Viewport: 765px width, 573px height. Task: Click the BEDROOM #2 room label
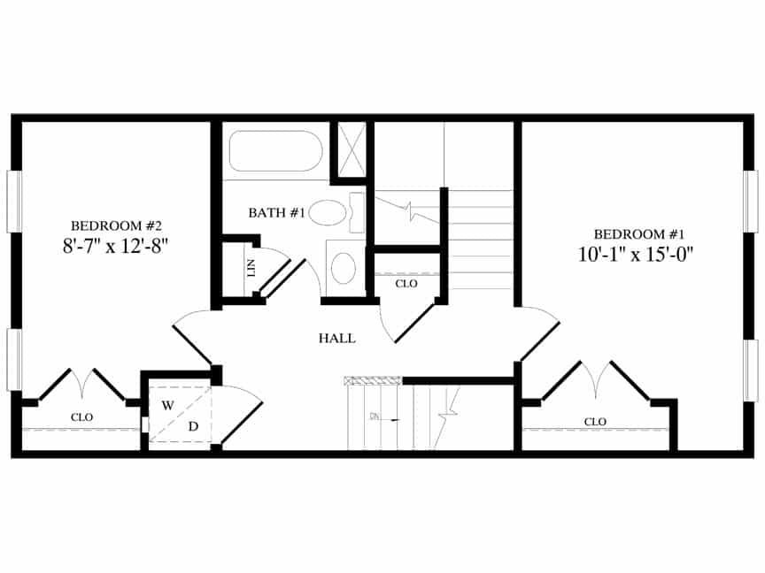click(x=115, y=225)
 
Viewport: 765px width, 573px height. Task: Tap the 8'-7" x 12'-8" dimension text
click(x=115, y=245)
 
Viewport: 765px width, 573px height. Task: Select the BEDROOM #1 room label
click(x=640, y=234)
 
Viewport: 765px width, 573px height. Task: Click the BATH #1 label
click(x=276, y=213)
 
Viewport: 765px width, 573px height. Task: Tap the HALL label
click(x=336, y=338)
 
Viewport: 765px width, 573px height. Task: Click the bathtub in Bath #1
click(x=275, y=152)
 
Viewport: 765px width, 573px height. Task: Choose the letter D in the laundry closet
click(x=193, y=426)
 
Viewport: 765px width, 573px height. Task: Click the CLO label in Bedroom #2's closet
click(x=81, y=416)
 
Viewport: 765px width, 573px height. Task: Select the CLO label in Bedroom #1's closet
click(x=595, y=422)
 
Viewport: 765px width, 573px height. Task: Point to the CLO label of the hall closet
click(x=406, y=284)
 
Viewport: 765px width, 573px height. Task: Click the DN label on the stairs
click(x=375, y=416)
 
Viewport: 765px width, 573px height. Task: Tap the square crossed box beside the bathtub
click(x=352, y=151)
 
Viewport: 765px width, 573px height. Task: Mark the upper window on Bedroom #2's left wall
click(x=14, y=202)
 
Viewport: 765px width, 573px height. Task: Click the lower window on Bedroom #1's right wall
click(x=751, y=370)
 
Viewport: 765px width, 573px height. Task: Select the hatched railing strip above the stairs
click(x=372, y=381)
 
